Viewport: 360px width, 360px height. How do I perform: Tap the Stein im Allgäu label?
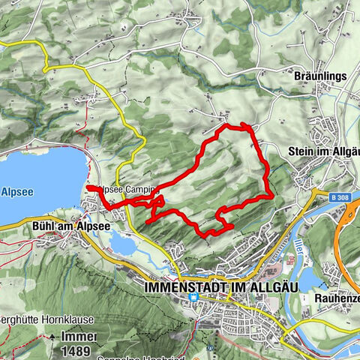(323, 151)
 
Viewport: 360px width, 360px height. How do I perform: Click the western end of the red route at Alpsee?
(88, 187)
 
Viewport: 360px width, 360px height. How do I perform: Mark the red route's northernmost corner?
(244, 124)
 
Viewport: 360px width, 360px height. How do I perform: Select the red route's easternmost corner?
(271, 196)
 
